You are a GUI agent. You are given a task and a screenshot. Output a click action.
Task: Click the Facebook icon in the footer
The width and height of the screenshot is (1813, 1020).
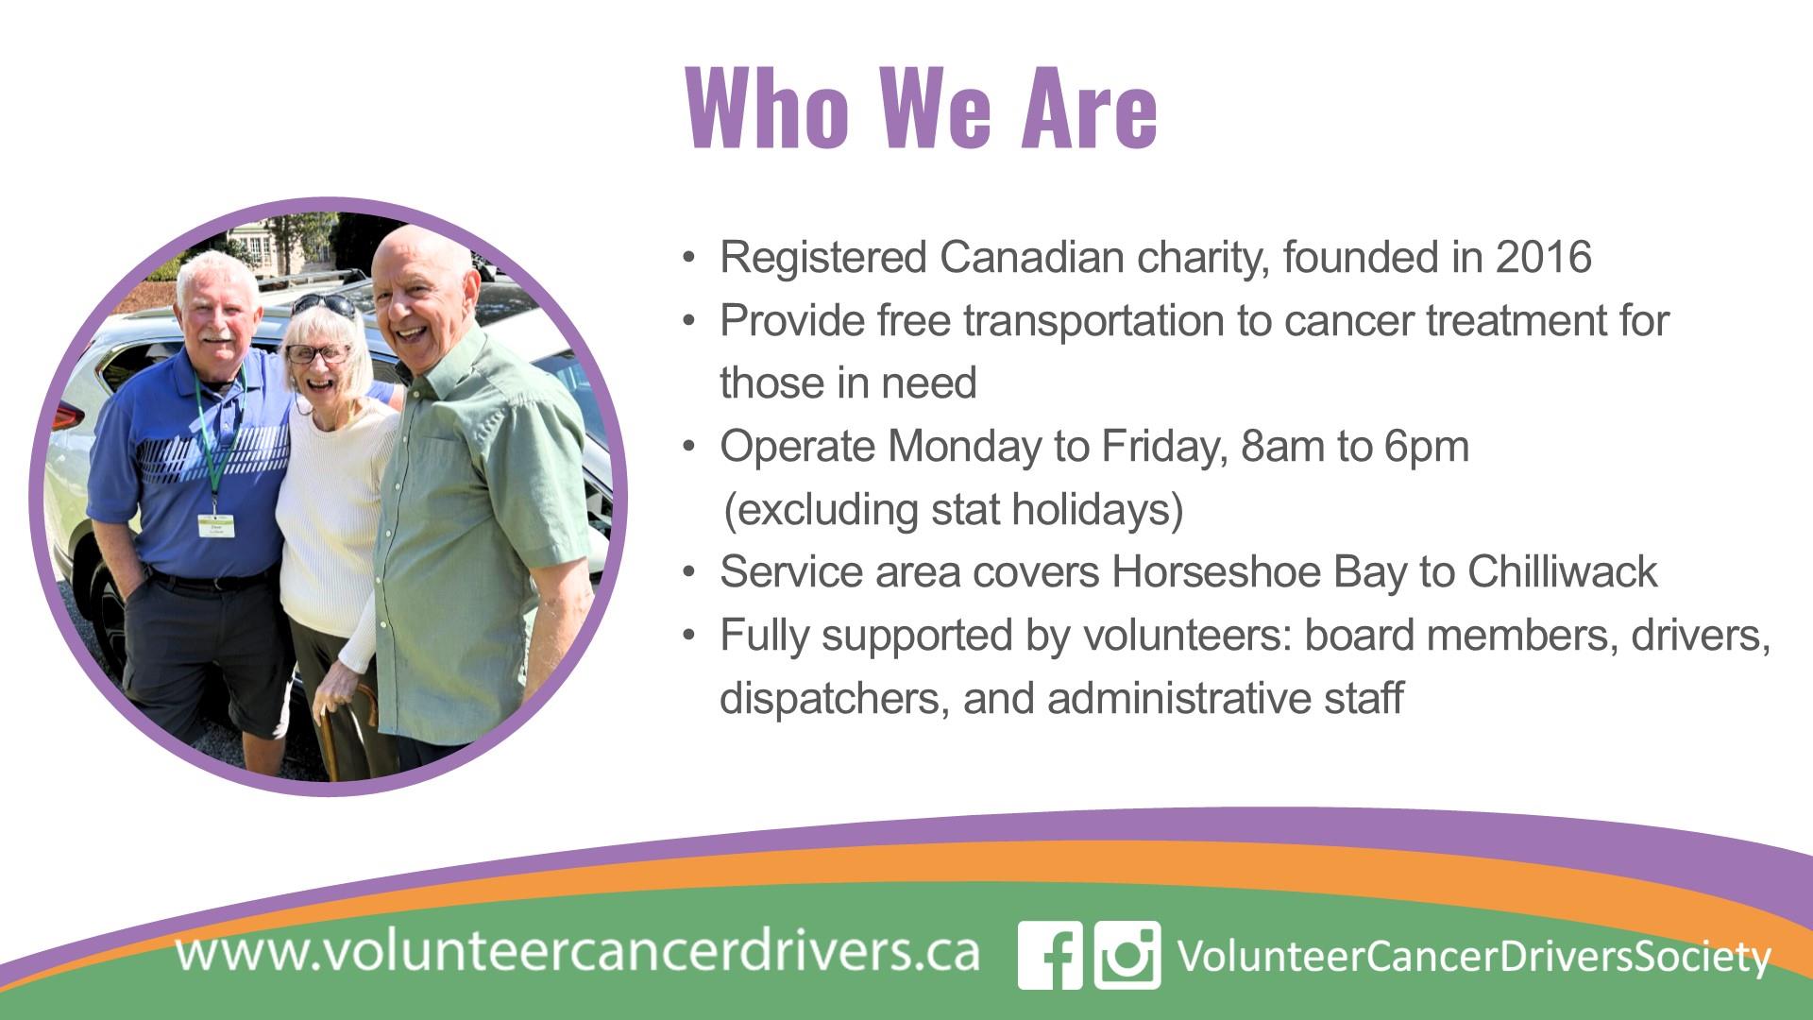click(1051, 955)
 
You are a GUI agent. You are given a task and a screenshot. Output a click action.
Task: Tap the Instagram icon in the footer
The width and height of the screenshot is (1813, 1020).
click(1127, 955)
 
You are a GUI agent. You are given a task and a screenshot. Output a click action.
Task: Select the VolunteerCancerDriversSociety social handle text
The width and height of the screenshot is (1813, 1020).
click(1474, 957)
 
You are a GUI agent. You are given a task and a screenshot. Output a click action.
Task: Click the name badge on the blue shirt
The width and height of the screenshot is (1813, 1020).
click(215, 525)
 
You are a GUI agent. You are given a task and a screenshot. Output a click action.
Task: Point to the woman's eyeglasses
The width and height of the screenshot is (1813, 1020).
click(317, 354)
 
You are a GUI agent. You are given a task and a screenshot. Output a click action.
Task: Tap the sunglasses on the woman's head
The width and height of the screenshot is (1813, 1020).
click(322, 304)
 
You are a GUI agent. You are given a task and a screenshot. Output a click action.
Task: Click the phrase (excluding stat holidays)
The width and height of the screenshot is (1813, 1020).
click(954, 510)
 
